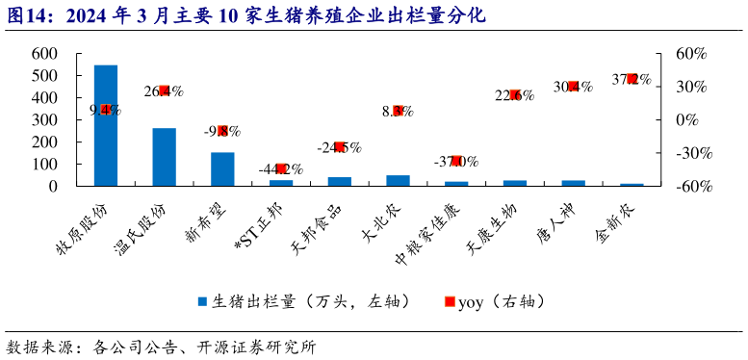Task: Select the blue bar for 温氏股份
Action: click(164, 156)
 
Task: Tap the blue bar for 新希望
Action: click(222, 168)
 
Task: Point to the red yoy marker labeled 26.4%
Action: click(164, 90)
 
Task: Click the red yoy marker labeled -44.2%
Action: click(281, 169)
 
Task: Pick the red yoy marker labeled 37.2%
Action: click(632, 79)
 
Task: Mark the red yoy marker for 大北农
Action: click(398, 111)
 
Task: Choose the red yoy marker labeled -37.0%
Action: click(456, 161)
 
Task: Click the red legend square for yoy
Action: click(450, 302)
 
